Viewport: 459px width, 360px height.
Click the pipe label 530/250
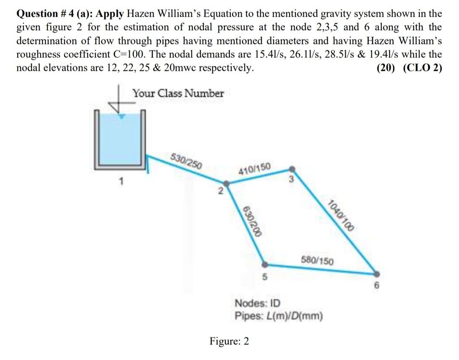click(x=187, y=162)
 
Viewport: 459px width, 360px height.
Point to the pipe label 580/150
click(x=318, y=261)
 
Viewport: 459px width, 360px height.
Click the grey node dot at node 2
click(x=226, y=183)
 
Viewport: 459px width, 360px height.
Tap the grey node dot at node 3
click(x=293, y=169)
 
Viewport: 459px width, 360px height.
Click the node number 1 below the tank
click(x=121, y=182)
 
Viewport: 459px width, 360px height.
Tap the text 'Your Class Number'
click(x=178, y=93)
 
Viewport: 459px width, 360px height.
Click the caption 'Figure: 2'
click(x=229, y=341)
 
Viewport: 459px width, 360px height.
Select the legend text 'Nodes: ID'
click(x=258, y=303)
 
